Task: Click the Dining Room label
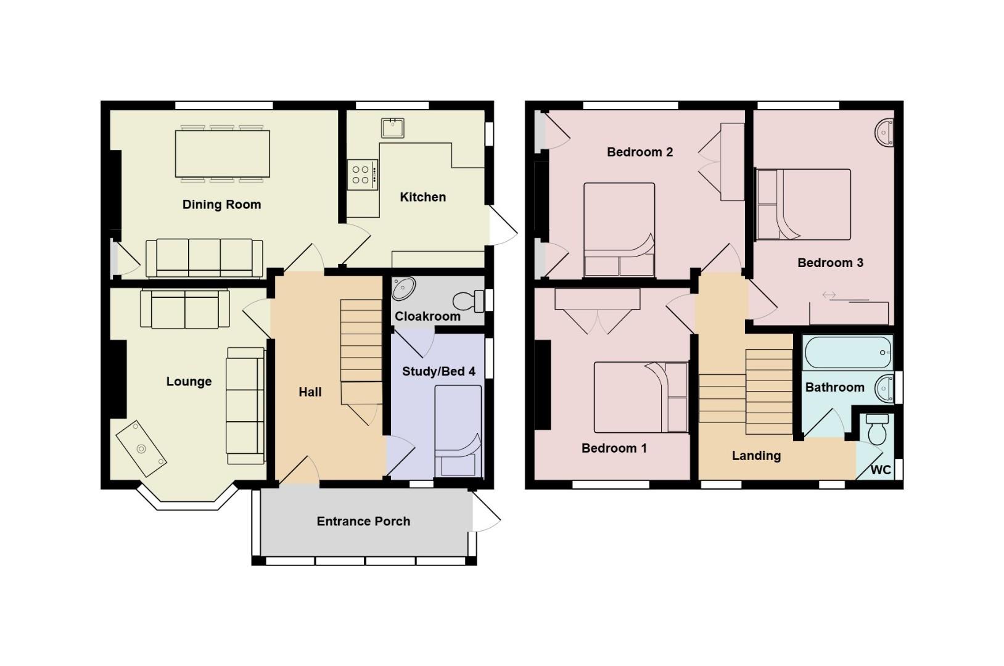point(221,205)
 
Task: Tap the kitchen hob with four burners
point(362,175)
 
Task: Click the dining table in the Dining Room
point(223,154)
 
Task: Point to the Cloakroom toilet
point(467,302)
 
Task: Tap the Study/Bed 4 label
point(438,371)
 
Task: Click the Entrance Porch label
point(363,522)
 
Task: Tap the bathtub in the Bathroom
point(848,352)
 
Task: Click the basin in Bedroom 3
point(885,133)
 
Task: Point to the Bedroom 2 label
point(640,152)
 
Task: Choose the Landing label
point(756,456)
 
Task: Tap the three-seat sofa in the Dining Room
point(204,258)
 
